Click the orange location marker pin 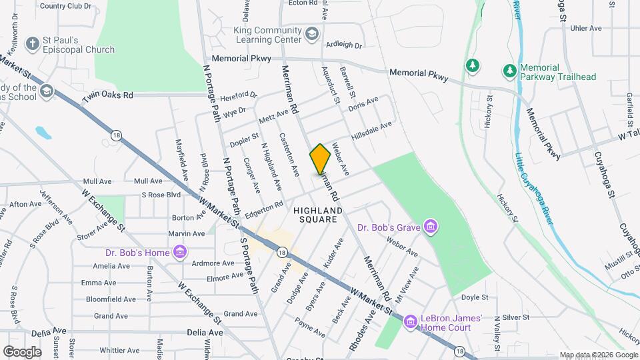click(x=321, y=159)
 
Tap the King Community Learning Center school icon click(x=312, y=35)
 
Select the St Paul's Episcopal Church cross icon click(x=31, y=45)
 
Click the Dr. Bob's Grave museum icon click(x=431, y=228)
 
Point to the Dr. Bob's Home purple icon click(x=179, y=252)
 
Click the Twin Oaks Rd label click(x=107, y=95)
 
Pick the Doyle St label click(x=475, y=297)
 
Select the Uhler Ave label click(x=587, y=29)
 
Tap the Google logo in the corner click(x=23, y=351)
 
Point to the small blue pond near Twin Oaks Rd click(x=43, y=132)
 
